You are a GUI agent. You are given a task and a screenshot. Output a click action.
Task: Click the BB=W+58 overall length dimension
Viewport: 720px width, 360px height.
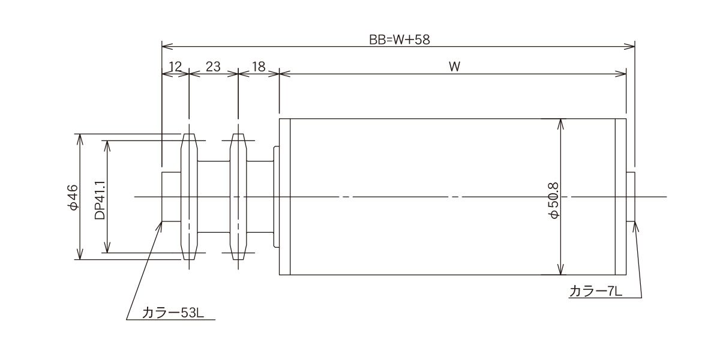coord(400,40)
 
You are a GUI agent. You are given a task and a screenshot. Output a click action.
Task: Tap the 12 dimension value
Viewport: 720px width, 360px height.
coord(175,67)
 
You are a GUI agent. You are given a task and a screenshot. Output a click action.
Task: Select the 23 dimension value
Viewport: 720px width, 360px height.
coord(213,67)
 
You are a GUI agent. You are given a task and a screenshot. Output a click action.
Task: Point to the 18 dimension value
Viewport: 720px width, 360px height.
coord(259,67)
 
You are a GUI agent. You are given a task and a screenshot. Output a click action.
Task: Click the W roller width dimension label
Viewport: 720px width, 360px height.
coord(454,67)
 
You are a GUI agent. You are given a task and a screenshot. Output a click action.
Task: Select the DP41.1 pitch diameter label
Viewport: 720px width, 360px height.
coord(100,197)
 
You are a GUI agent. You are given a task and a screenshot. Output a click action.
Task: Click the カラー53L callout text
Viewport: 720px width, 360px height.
coord(170,313)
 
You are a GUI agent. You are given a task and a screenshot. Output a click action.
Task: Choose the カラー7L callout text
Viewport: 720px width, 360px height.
coord(596,292)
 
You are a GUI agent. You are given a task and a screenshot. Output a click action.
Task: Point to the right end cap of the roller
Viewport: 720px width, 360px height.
coord(621,197)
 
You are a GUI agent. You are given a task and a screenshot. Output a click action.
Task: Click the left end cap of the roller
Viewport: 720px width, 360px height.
coord(285,197)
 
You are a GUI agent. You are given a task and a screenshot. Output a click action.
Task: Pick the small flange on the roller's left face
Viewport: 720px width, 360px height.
coord(277,197)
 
